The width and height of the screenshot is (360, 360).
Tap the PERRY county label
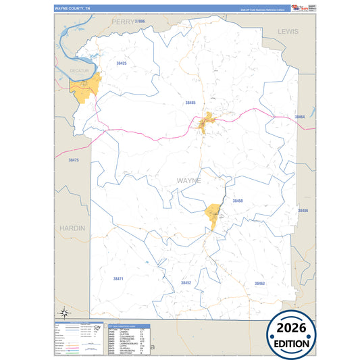(x=124, y=22)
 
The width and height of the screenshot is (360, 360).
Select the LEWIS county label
(x=288, y=32)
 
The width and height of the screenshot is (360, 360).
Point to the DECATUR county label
(x=80, y=69)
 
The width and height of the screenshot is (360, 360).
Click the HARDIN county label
(x=72, y=228)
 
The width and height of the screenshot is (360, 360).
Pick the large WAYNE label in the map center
(x=188, y=181)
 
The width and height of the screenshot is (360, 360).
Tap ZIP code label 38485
(x=190, y=103)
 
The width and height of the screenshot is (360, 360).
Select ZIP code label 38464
(x=300, y=117)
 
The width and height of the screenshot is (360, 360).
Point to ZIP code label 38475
(x=74, y=160)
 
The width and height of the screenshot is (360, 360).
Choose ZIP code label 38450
(x=238, y=201)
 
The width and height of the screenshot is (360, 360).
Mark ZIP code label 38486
(x=303, y=211)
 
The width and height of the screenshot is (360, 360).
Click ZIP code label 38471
(x=118, y=278)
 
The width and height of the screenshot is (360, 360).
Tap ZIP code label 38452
(x=186, y=282)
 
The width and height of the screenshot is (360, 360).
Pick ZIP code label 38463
(x=259, y=283)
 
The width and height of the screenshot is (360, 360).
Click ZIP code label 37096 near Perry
(x=140, y=22)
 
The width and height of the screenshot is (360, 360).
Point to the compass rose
(x=65, y=312)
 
